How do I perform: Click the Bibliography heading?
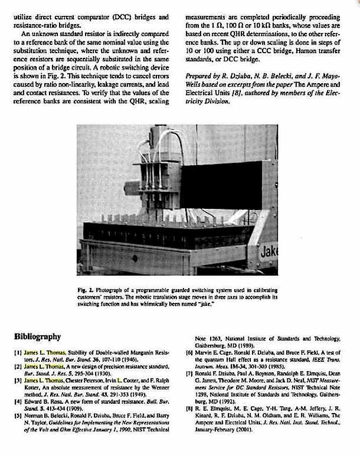(37, 336)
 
